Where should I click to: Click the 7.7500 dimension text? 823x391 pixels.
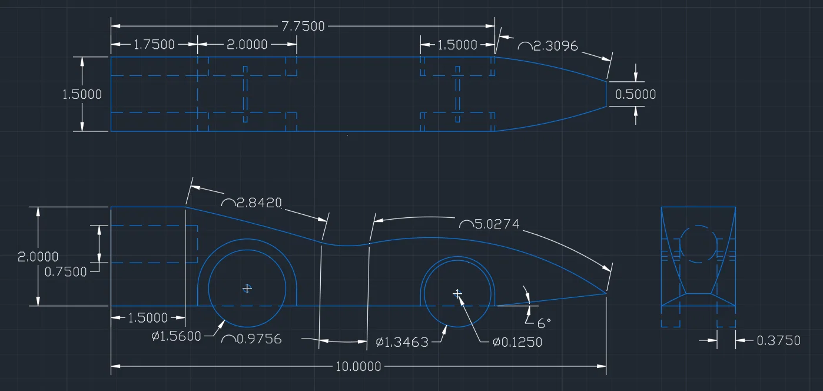tap(303, 26)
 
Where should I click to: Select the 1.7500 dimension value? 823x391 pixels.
tap(154, 45)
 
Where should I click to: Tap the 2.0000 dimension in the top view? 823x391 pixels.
tap(247, 45)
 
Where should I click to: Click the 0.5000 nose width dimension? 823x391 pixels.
tap(636, 94)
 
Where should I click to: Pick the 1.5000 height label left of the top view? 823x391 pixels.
tap(82, 94)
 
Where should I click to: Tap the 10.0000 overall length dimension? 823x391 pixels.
tap(359, 366)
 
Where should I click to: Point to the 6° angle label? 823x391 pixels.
tap(544, 323)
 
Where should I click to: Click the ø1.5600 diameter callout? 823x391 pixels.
tap(177, 336)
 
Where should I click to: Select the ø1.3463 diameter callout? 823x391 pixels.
tap(402, 343)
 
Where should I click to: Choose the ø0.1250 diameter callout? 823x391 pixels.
tap(517, 342)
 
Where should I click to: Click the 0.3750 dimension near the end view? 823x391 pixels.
tap(778, 341)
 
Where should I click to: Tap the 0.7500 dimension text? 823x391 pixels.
tap(65, 272)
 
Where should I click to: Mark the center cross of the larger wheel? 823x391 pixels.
tap(247, 289)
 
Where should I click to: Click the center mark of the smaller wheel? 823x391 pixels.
tap(457, 294)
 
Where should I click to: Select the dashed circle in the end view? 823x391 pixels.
tap(698, 226)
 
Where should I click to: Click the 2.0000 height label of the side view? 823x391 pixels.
tap(38, 257)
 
